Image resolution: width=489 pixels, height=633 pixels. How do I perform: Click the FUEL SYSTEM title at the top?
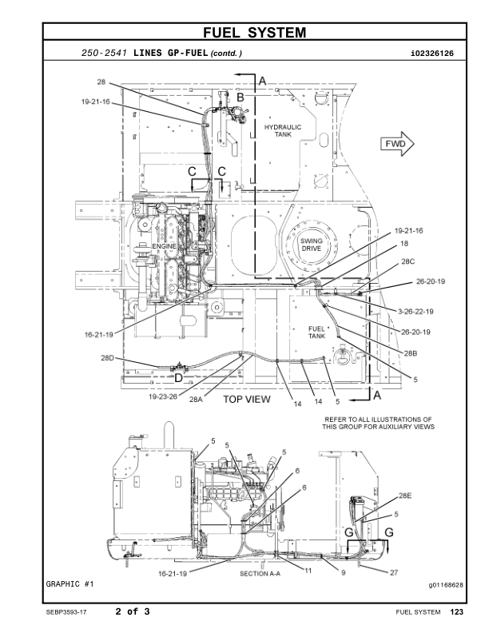[x=254, y=32]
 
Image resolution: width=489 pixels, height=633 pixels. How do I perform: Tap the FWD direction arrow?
[x=397, y=144]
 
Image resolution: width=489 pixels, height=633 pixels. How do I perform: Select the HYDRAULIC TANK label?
[x=283, y=130]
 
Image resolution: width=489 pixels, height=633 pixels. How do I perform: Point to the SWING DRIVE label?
[x=311, y=245]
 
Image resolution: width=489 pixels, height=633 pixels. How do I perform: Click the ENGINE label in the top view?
[x=164, y=246]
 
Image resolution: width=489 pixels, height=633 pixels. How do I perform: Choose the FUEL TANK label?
[x=316, y=332]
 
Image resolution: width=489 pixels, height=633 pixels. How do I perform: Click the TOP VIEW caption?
[x=247, y=400]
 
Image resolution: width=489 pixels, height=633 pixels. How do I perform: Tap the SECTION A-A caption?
[x=260, y=573]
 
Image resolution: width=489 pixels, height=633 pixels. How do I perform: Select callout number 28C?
[x=407, y=261]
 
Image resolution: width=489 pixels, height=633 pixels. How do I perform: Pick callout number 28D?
[x=107, y=358]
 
